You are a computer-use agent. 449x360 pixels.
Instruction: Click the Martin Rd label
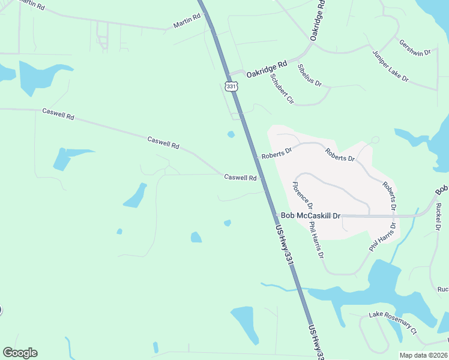185,23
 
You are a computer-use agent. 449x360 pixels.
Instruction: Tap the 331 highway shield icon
232,86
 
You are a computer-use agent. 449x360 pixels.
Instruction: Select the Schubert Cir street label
282,90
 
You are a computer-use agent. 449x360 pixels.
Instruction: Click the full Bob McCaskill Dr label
310,215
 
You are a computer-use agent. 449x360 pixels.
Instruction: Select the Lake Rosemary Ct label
393,322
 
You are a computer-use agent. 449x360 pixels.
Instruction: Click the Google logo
20,353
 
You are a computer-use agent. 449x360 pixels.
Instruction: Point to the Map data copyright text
424,355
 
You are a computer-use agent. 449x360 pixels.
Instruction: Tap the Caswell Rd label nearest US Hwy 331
241,178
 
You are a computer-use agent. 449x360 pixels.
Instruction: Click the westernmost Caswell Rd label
58,113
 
